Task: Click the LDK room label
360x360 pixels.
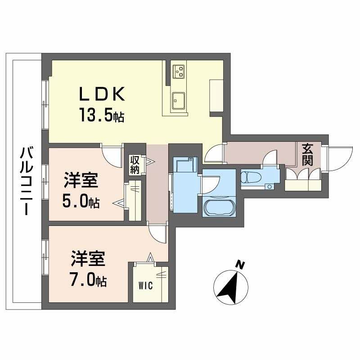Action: click(102, 94)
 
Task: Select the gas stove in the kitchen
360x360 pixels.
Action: click(178, 72)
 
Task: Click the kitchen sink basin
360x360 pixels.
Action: click(179, 100)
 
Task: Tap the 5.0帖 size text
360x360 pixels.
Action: click(81, 202)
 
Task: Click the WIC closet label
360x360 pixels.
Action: click(145, 286)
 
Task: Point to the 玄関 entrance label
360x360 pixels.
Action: click(307, 154)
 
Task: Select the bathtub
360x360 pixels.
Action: click(219, 207)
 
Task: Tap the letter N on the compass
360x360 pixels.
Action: click(240, 265)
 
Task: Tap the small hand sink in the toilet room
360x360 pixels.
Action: click(269, 187)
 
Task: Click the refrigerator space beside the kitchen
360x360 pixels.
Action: click(216, 96)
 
